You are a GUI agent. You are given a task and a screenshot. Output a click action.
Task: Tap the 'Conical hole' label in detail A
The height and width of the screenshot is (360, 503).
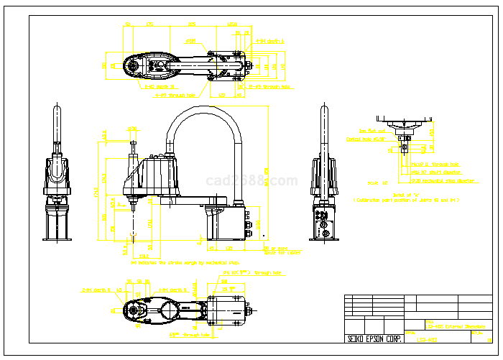pos(366,139)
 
